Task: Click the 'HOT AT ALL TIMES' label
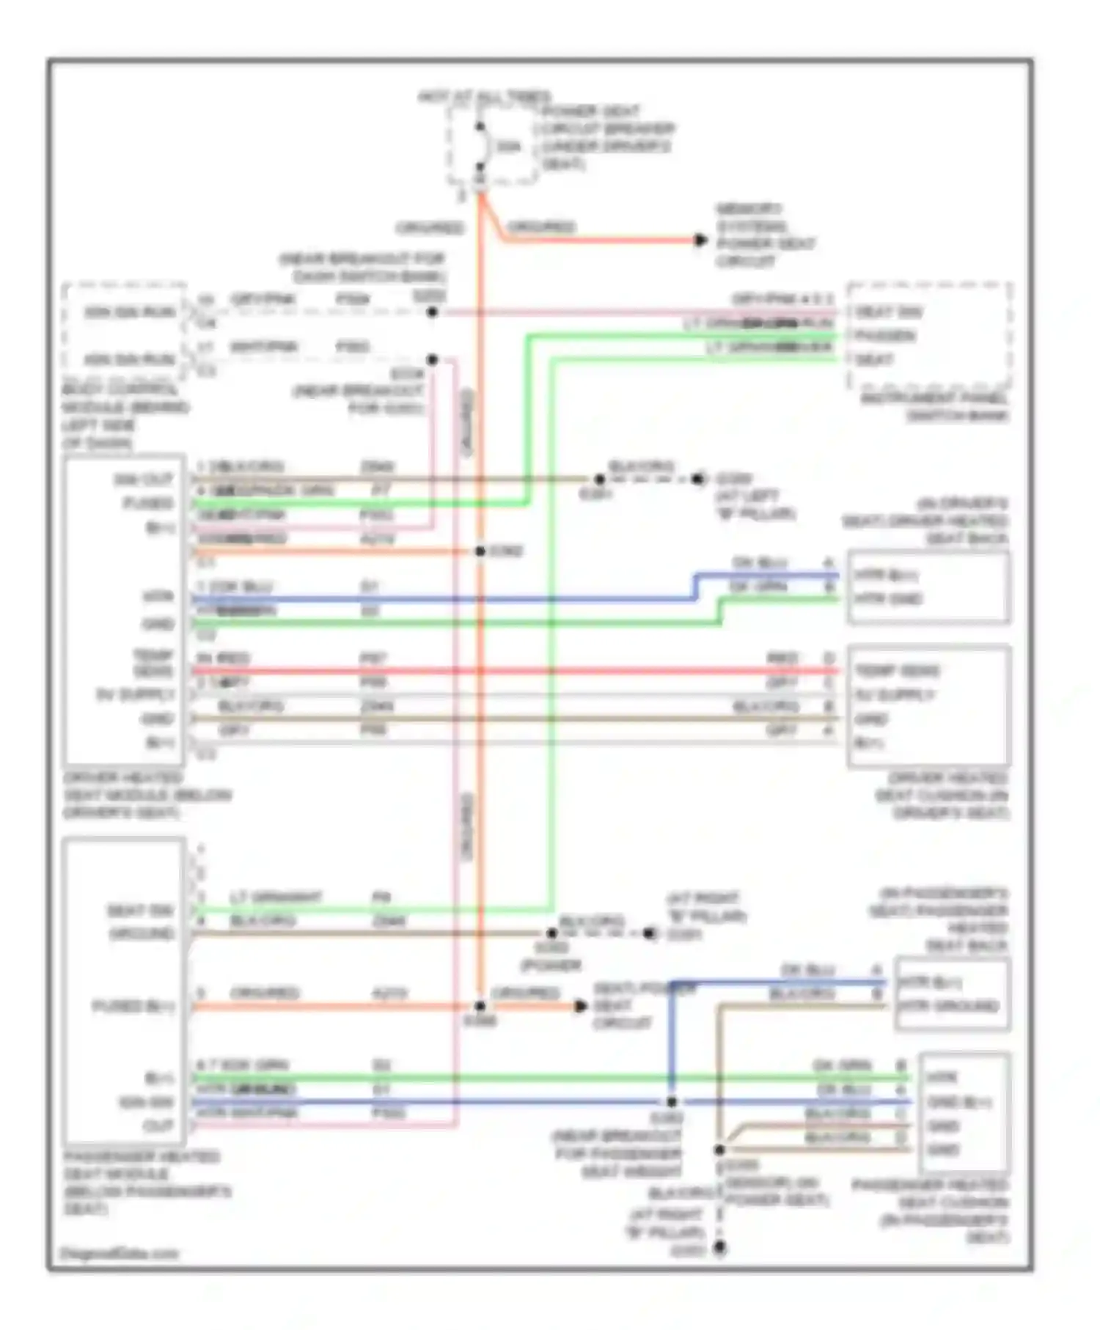[x=484, y=96]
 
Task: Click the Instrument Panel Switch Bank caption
[x=934, y=407]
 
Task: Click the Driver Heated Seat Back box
[x=928, y=587]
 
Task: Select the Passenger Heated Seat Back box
[x=952, y=993]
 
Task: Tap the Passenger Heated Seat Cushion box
[x=964, y=1112]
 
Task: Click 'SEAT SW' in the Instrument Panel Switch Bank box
[x=888, y=312]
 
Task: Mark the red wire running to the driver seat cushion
[x=513, y=671]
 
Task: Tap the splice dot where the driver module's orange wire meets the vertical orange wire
[x=480, y=551]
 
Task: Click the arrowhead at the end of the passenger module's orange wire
[x=580, y=1006]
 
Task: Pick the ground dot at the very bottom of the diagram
[x=720, y=1247]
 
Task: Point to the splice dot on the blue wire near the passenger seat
[x=672, y=1101]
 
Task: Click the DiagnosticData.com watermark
[x=121, y=1253]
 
